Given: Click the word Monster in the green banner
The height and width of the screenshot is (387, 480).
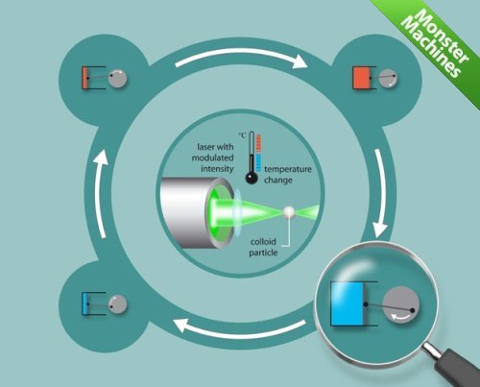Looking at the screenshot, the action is click(x=444, y=36).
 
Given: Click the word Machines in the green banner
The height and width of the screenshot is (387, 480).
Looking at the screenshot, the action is click(x=430, y=47).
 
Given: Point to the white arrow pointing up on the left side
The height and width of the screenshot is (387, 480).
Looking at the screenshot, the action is click(x=101, y=194).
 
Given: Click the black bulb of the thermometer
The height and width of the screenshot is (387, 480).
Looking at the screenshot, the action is click(x=252, y=178).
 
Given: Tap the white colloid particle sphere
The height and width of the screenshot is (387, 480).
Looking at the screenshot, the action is click(x=289, y=211).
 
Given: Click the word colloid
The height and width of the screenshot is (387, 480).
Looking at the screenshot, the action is click(x=263, y=242).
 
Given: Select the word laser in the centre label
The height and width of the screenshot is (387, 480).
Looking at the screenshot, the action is click(x=205, y=147).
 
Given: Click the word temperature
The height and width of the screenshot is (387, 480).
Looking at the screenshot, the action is click(x=288, y=169).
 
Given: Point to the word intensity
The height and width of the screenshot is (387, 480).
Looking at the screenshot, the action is click(x=217, y=168).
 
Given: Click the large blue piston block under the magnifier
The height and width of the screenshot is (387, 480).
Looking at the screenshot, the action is click(x=348, y=303).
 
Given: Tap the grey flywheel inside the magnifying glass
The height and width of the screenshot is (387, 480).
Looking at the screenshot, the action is click(x=401, y=305).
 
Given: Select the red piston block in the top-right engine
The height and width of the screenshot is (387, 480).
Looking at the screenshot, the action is click(x=362, y=78).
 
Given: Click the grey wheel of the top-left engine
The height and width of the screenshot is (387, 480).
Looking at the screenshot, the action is click(x=117, y=78).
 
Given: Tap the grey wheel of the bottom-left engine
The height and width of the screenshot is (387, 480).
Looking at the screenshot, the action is click(x=117, y=303).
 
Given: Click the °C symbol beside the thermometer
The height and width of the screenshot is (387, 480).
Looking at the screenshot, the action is click(x=243, y=135).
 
